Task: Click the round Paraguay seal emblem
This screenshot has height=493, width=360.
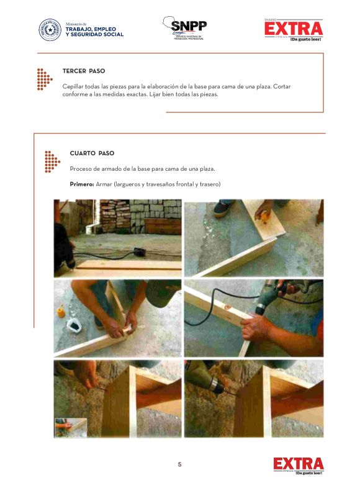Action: (50, 30)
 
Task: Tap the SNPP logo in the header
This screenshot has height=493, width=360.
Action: (185, 28)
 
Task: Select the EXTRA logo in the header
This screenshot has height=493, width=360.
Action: (294, 30)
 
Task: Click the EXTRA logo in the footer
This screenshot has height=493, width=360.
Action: (299, 466)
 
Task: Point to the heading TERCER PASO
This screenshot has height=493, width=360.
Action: (84, 71)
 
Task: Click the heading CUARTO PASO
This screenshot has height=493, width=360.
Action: (92, 153)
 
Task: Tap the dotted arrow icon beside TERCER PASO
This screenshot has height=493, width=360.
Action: (45, 79)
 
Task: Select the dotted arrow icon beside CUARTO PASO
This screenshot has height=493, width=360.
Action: (52, 161)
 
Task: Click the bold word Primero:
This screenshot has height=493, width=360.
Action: (82, 184)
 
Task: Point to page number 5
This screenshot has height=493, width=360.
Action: (179, 464)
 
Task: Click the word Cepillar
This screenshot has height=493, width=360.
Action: (73, 87)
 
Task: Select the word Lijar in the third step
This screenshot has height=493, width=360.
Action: (155, 94)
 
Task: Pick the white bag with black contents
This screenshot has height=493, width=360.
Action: (74, 325)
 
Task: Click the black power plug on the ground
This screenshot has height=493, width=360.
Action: (139, 251)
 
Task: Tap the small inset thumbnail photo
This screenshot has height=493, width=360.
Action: (71, 427)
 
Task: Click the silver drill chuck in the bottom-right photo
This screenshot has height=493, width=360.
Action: (215, 385)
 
